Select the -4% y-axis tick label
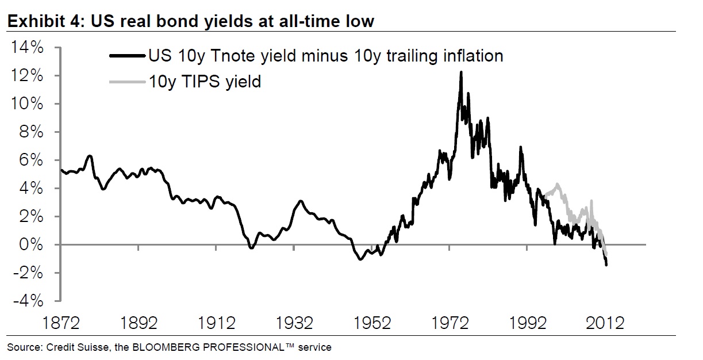(x=28, y=301)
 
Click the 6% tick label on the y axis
(x=31, y=160)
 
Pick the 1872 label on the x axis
(x=60, y=324)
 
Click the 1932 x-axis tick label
(x=294, y=324)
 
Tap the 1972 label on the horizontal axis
(x=451, y=324)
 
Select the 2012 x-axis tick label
(x=606, y=324)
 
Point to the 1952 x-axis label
(x=372, y=324)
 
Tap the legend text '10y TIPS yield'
(x=204, y=82)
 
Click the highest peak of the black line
(x=461, y=72)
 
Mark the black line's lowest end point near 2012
(x=606, y=265)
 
